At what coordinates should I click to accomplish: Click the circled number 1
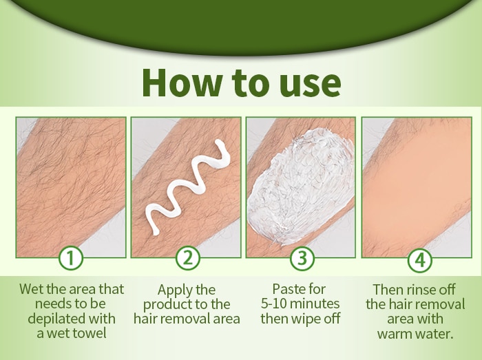click(71, 258)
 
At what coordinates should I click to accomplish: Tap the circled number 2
click(188, 258)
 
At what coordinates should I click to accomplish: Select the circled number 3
click(302, 258)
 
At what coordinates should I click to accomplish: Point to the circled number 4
click(420, 260)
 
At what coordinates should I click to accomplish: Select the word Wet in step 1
click(32, 289)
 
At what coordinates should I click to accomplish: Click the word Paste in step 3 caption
click(286, 289)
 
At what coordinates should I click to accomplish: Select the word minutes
click(315, 304)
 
